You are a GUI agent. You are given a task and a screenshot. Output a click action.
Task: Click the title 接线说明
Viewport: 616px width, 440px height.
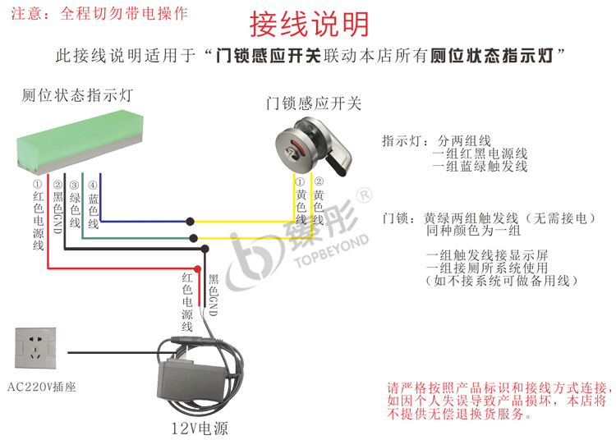click(308, 25)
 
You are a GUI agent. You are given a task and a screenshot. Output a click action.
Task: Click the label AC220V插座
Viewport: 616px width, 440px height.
click(40, 387)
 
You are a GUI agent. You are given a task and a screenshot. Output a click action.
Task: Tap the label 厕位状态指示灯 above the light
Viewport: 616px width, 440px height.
click(77, 95)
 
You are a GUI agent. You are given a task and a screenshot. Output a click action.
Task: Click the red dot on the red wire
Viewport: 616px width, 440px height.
click(197, 268)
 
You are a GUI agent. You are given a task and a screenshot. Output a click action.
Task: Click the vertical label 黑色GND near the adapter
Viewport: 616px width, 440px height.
click(213, 296)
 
